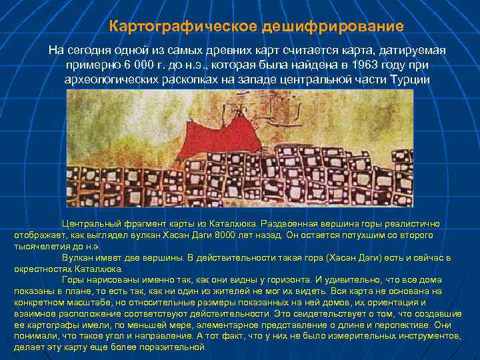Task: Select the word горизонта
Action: (275, 280)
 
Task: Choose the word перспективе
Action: (385, 325)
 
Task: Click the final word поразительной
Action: (172, 347)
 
